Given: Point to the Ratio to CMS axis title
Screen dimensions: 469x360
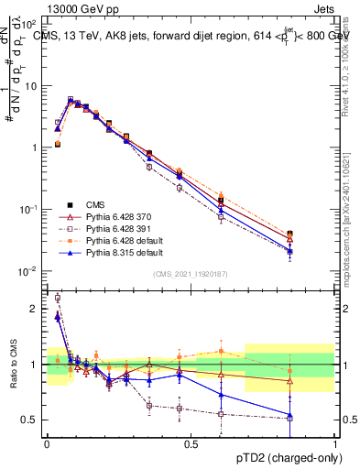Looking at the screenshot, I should (x=13, y=365).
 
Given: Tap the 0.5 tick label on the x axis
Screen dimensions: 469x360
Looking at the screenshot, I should (x=191, y=443).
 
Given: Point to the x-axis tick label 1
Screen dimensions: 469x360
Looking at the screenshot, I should (x=334, y=443).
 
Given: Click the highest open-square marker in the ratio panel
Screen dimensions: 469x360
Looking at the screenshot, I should (x=58, y=298).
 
